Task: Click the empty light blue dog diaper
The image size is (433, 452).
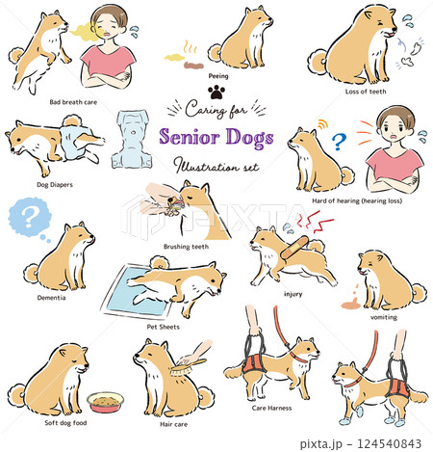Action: [x=132, y=136]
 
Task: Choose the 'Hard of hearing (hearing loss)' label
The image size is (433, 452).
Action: [x=356, y=200]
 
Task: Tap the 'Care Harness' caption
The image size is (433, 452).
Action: [x=272, y=408]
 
